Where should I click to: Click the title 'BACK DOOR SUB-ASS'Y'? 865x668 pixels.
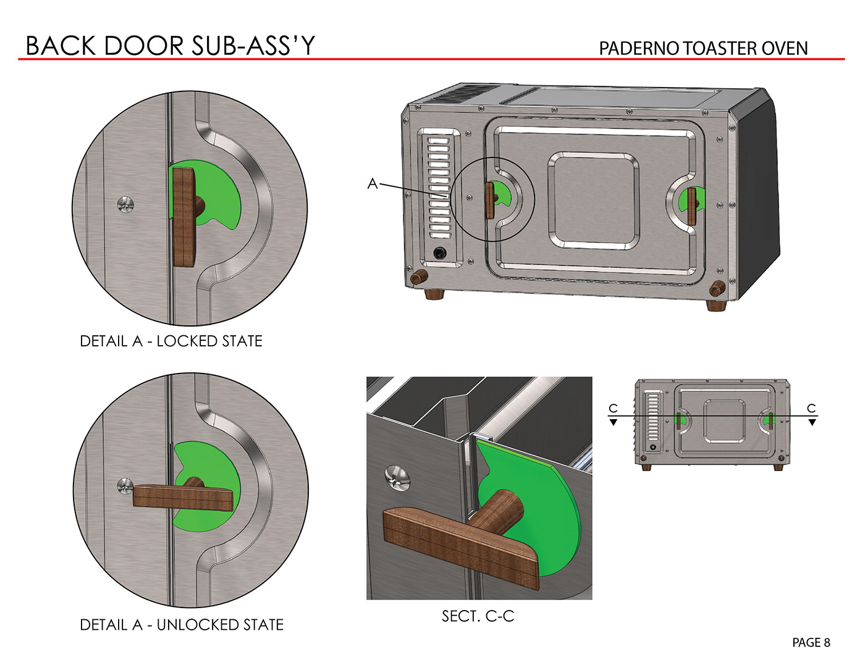point(170,46)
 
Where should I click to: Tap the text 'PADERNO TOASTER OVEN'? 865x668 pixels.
point(703,48)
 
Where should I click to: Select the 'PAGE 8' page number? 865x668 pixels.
point(811,643)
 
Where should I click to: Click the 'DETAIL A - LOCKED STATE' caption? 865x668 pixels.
point(171,341)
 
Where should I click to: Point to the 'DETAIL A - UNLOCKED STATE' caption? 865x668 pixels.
point(182,625)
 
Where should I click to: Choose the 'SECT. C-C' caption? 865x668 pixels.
point(478,616)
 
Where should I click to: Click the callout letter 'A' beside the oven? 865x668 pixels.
point(372,183)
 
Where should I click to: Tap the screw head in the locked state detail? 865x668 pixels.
point(127,204)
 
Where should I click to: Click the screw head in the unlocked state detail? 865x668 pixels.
point(125,485)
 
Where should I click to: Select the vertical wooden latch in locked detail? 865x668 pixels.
point(184,216)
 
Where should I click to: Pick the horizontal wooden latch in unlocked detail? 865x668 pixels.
point(183,497)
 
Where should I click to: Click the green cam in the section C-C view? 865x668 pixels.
point(544,506)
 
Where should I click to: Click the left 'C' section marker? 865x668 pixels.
point(613,409)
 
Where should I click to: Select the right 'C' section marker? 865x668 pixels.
point(812,409)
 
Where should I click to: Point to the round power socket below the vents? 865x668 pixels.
point(440,253)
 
